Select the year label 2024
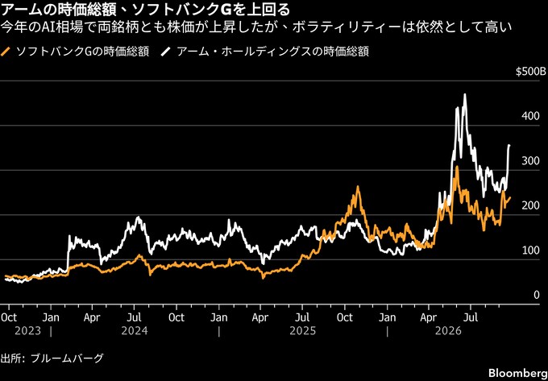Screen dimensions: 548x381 (135, 330)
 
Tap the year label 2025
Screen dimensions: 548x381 (303, 330)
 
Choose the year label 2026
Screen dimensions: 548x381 (449, 330)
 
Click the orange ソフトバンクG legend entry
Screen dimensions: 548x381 (77, 52)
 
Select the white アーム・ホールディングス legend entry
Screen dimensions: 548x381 (265, 52)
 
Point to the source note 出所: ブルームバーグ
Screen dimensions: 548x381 (52, 358)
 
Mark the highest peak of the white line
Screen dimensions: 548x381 (464, 94)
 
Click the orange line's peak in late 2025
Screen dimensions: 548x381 (358, 187)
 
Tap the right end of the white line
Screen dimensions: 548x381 (509, 145)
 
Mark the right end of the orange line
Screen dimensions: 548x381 (510, 197)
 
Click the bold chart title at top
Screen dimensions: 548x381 (146, 10)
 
